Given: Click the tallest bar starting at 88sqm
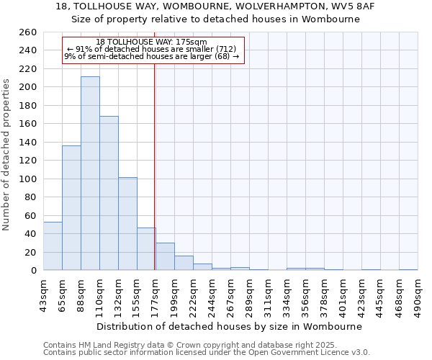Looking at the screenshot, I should (90, 174).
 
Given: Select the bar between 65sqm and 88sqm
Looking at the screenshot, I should (71, 208).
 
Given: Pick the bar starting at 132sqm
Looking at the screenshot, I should (127, 224).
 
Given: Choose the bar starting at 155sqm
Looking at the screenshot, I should (146, 249).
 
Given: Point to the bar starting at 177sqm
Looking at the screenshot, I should (165, 256).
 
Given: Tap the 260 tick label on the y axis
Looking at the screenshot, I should (27, 32).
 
